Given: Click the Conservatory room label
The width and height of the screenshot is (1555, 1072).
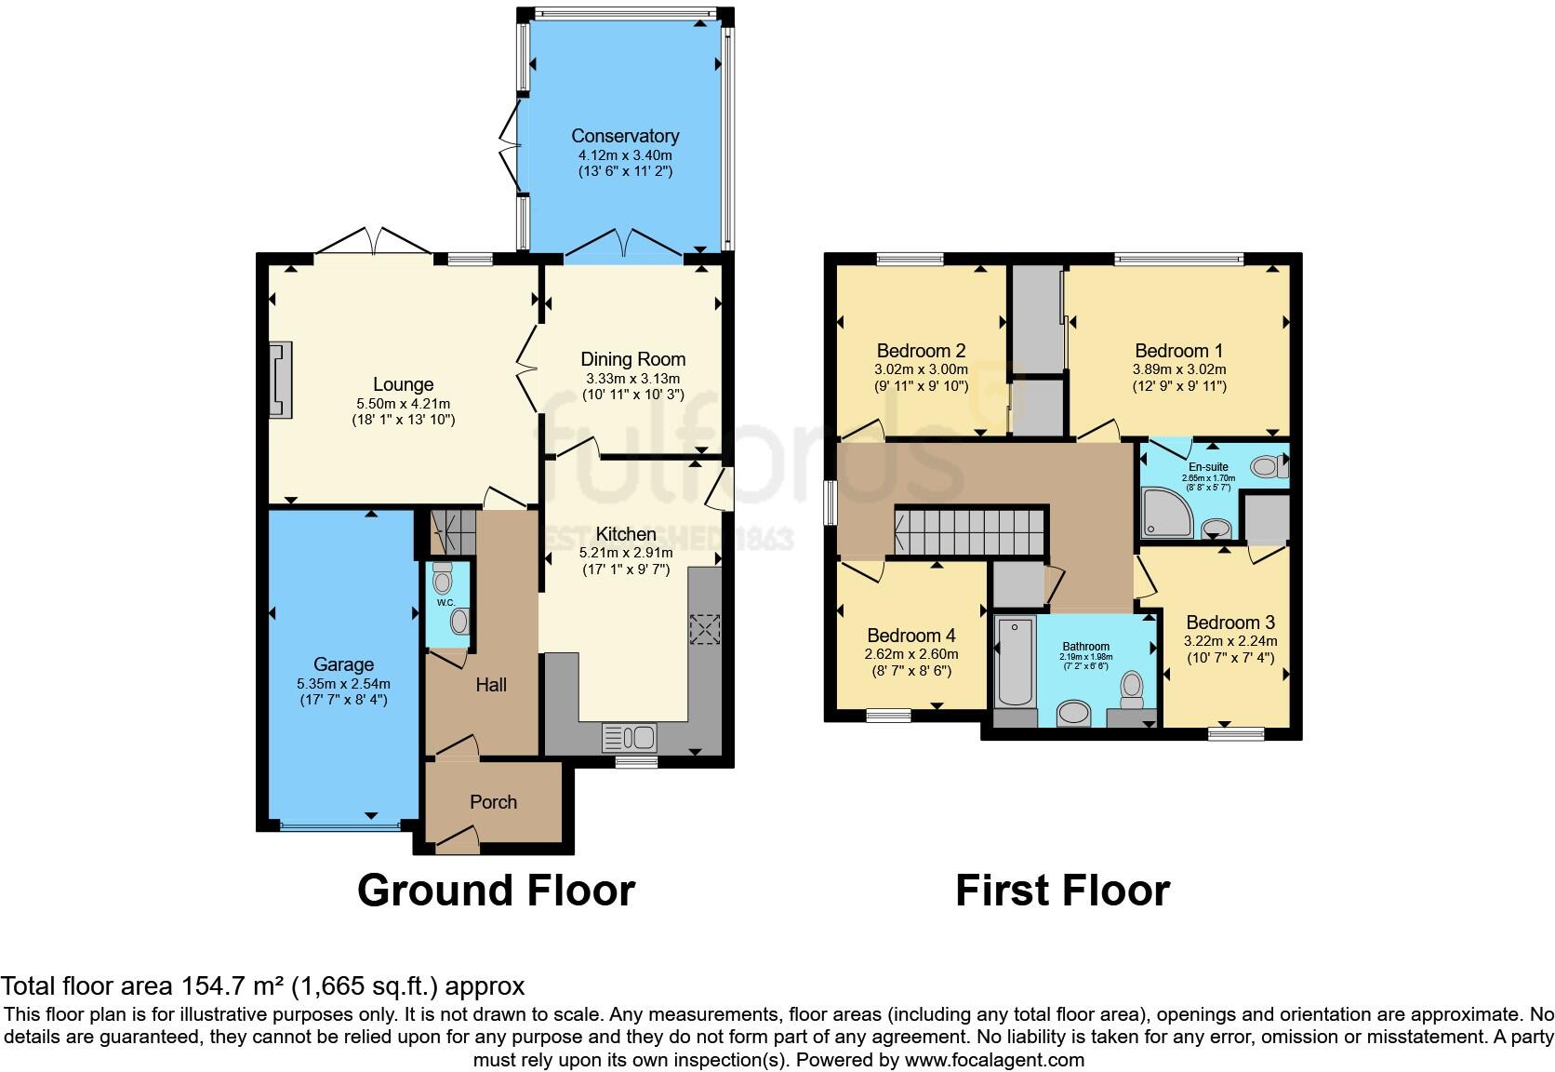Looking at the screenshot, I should pos(625,136).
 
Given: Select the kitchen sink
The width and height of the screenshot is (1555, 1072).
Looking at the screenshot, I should pos(631,738).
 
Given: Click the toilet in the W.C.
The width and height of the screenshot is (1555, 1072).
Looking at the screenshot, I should pos(443,583).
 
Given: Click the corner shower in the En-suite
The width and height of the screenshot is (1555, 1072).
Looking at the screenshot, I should pos(1166,514).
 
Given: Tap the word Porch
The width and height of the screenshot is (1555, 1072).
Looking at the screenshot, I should pos(493,802).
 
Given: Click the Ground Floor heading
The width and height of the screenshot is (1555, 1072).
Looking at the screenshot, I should pos(496,891).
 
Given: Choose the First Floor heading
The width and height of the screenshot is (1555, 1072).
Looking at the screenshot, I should pos(1062,891).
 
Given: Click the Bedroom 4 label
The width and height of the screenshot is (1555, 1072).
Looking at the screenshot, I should pos(910,636).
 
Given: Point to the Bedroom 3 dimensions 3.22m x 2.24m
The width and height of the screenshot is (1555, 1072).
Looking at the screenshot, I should pos(1229,641).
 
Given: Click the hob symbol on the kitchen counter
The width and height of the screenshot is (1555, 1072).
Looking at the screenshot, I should pos(704,629).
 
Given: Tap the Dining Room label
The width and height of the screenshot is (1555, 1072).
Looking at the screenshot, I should pos(632,359).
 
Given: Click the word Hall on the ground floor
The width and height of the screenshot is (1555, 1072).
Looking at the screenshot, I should pos(491,685).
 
